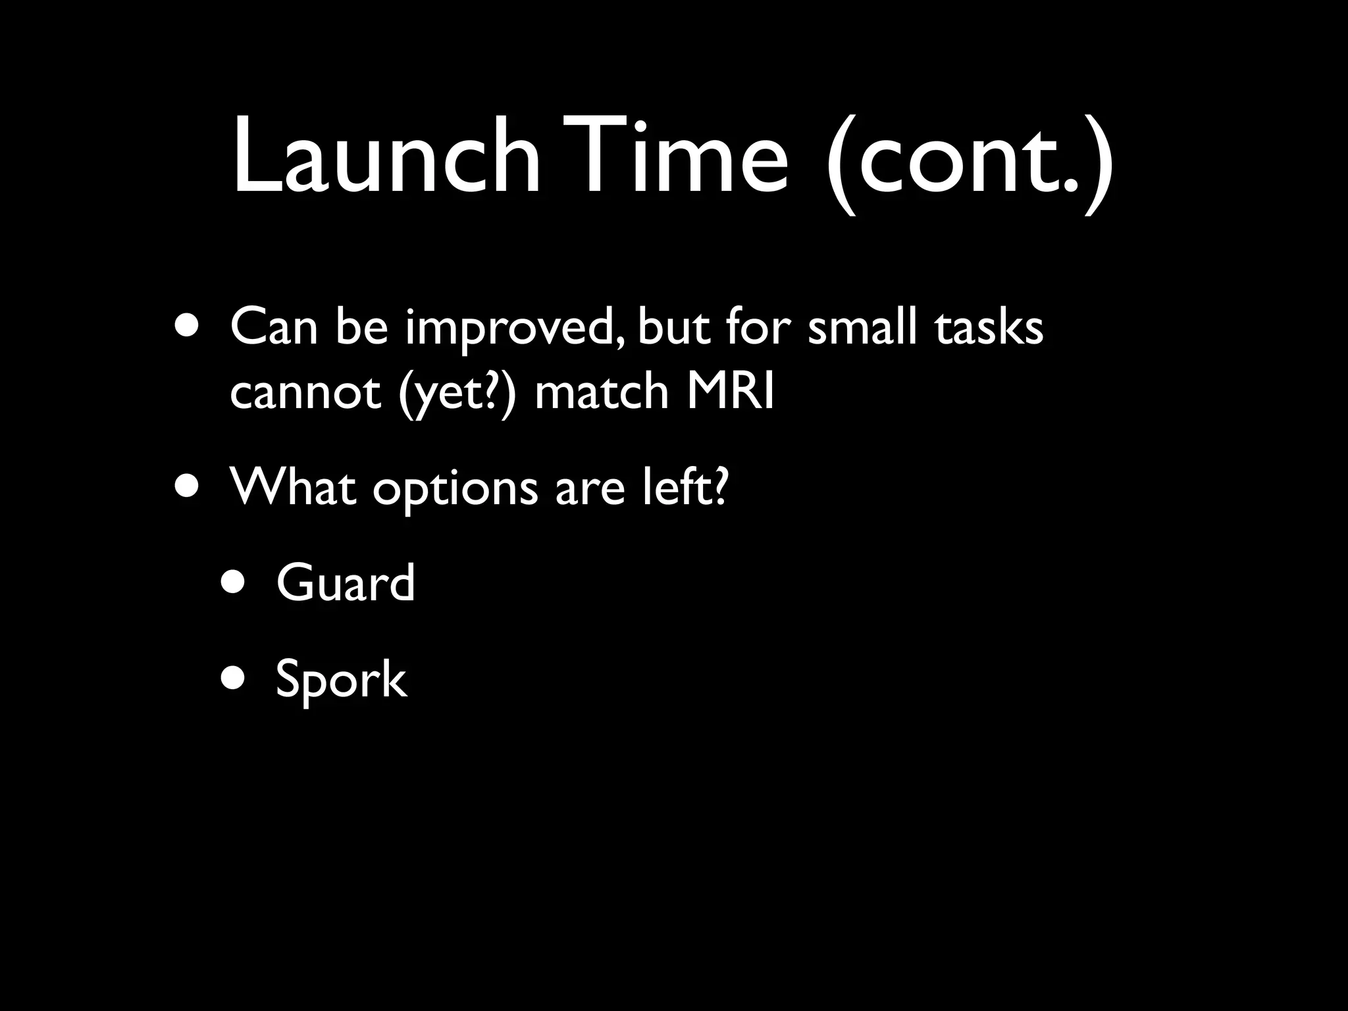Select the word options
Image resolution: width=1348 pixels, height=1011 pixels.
pyautogui.click(x=455, y=491)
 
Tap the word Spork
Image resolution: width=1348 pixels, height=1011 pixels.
pyautogui.click(x=341, y=680)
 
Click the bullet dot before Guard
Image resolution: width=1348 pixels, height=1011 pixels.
pyautogui.click(x=234, y=583)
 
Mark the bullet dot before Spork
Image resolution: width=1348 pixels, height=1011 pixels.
pyautogui.click(x=234, y=678)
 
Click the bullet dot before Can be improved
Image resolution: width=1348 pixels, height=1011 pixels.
pyautogui.click(x=188, y=326)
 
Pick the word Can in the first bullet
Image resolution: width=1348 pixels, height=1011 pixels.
pyautogui.click(x=274, y=327)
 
